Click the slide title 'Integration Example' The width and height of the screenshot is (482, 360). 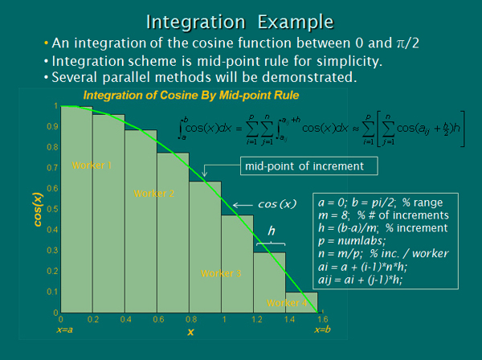(241, 18)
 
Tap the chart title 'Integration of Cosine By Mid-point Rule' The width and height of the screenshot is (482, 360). (191, 96)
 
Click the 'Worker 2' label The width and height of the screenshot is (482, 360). (154, 194)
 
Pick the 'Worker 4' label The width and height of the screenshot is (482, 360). (287, 303)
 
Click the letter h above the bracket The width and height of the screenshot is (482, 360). (271, 231)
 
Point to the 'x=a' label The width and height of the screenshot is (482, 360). (65, 329)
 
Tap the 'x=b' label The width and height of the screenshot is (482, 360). (321, 329)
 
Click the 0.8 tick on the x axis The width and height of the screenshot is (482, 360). (190, 319)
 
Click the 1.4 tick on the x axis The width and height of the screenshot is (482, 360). (286, 319)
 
